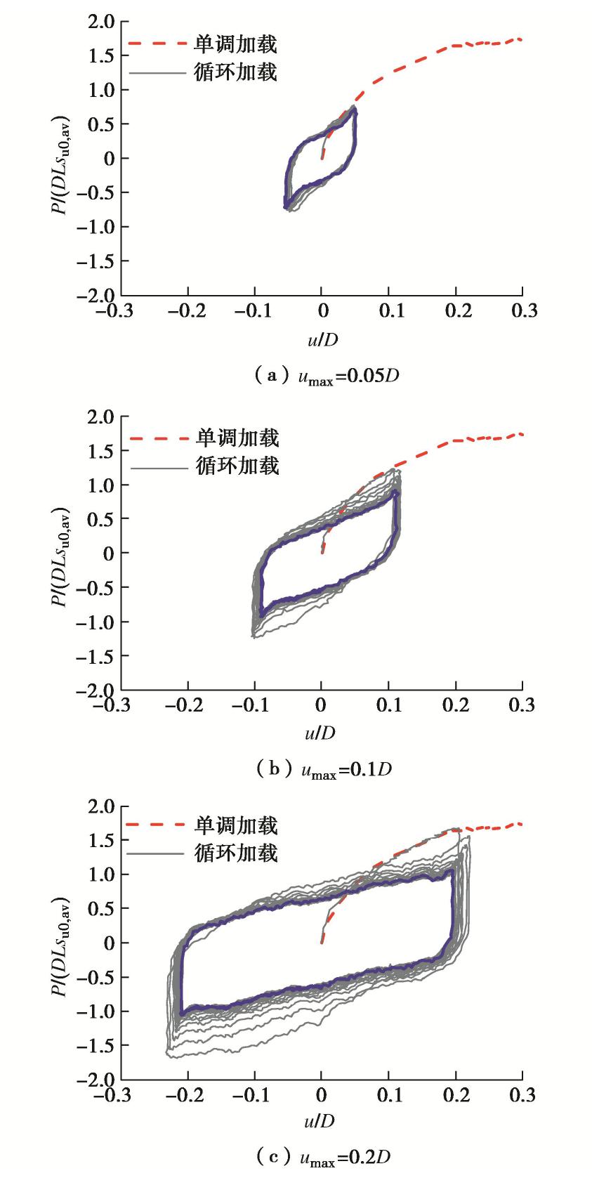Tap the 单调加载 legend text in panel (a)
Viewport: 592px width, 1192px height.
click(x=236, y=44)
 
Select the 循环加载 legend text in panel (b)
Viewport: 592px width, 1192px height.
click(x=237, y=466)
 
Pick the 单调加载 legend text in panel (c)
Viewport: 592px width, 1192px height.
click(x=236, y=825)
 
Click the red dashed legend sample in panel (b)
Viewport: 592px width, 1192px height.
click(x=160, y=439)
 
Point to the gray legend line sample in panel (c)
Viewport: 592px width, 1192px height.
click(x=159, y=853)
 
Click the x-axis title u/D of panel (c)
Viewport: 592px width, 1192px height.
click(x=320, y=1120)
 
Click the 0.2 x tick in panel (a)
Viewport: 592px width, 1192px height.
click(x=456, y=310)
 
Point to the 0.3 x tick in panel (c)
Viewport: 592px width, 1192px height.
click(x=522, y=1094)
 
